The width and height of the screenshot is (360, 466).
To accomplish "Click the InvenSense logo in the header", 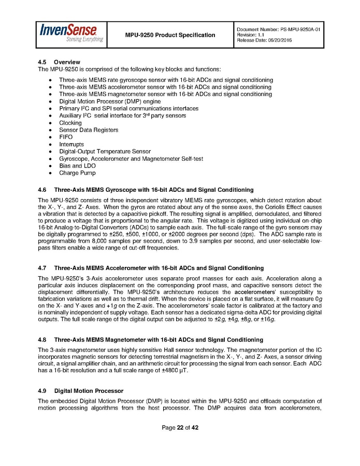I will click(x=71, y=33).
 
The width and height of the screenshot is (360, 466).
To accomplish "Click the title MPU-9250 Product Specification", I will click(x=170, y=35).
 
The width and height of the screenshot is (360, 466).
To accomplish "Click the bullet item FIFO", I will click(x=66, y=137).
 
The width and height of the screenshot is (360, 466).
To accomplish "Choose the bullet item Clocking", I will click(x=70, y=123).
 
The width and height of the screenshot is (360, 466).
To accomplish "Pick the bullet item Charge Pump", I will click(x=77, y=173).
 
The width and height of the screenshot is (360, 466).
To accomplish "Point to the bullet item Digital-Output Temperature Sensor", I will click(x=105, y=151).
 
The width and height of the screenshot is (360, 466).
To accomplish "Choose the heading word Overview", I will click(x=67, y=62).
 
